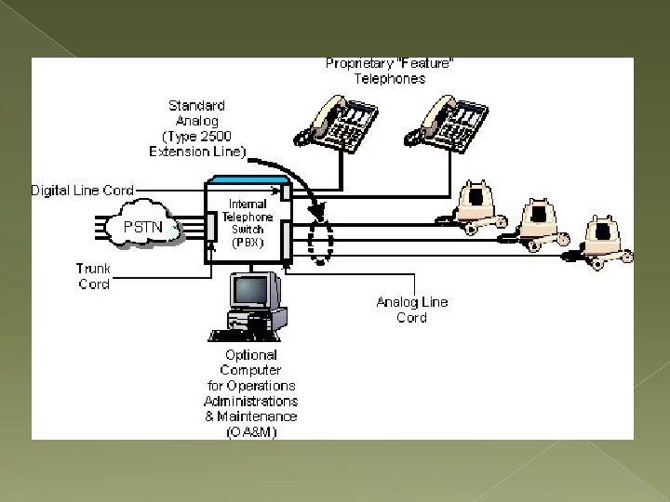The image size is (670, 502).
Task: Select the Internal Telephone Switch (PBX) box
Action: tap(248, 223)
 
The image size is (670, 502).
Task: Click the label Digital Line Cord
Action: tap(82, 191)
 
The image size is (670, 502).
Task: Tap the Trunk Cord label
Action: tap(93, 276)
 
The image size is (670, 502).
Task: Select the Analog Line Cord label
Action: tap(411, 310)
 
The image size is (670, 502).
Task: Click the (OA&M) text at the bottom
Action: tap(250, 430)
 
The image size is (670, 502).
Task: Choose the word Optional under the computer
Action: tap(251, 354)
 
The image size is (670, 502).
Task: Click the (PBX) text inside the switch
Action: tap(248, 242)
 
